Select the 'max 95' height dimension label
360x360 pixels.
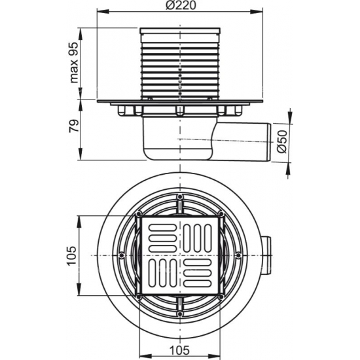point(73,63)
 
